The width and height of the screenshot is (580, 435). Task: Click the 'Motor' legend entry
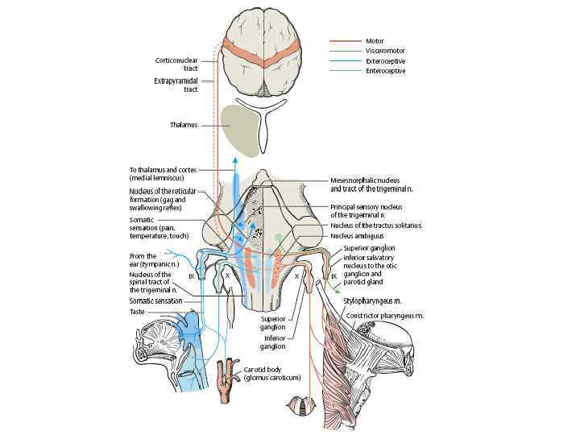pos(375,39)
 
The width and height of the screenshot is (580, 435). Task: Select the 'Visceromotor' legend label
pos(384,50)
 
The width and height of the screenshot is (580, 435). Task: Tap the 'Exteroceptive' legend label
pos(385,60)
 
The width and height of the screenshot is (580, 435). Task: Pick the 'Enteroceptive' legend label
pos(385,71)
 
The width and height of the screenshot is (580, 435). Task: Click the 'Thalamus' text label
pos(184,125)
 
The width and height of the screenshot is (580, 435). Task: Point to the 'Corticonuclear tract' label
pos(175,64)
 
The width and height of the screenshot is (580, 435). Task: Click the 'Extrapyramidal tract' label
pos(175,85)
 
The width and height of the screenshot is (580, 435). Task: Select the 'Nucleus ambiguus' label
pos(358,236)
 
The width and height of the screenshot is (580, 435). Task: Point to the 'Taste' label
pos(138,311)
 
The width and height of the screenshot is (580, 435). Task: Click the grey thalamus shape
pos(238,129)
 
